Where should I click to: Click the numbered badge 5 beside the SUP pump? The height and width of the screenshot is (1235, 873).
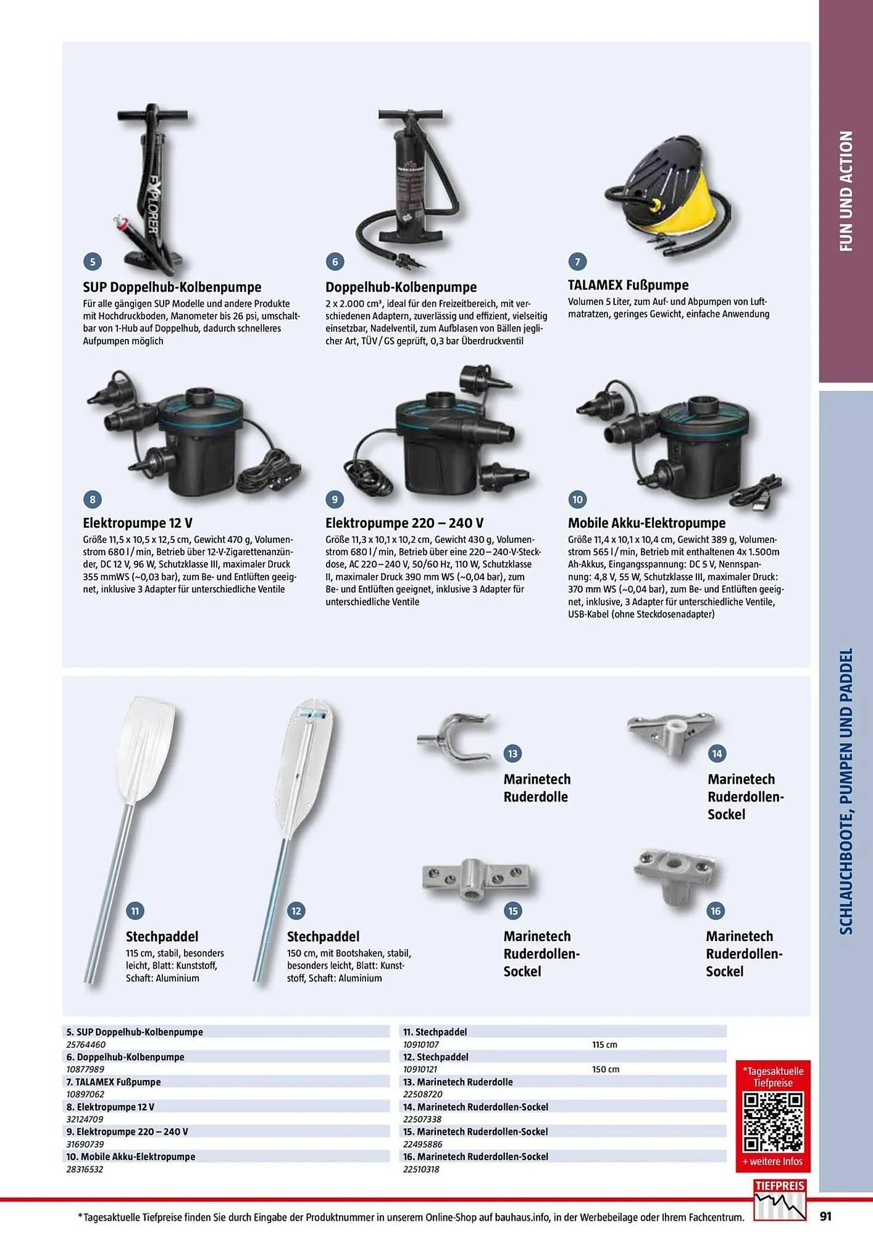tap(93, 261)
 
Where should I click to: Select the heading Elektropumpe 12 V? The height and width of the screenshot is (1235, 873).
tap(138, 523)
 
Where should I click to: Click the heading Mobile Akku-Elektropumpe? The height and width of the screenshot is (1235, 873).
tap(646, 523)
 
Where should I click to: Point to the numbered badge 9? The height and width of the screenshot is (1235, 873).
tap(335, 499)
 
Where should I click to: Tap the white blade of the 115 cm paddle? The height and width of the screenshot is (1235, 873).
tap(146, 751)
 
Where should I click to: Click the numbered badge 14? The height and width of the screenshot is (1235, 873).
tap(717, 753)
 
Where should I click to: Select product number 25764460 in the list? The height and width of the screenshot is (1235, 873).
tap(86, 1045)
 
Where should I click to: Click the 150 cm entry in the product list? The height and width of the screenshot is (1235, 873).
tap(605, 1070)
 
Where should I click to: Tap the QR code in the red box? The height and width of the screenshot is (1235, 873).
tap(773, 1123)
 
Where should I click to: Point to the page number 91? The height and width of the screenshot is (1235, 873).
tap(825, 1216)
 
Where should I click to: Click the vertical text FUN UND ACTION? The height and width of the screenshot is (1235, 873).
tap(846, 191)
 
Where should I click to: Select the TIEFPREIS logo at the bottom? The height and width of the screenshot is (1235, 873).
tap(780, 1199)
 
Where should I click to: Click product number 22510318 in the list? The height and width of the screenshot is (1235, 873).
tap(421, 1170)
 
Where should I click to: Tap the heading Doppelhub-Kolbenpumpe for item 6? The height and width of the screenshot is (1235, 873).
tap(401, 287)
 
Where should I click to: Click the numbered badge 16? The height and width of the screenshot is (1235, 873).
tap(716, 911)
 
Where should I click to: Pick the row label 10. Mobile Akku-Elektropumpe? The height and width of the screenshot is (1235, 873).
tap(131, 1157)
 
